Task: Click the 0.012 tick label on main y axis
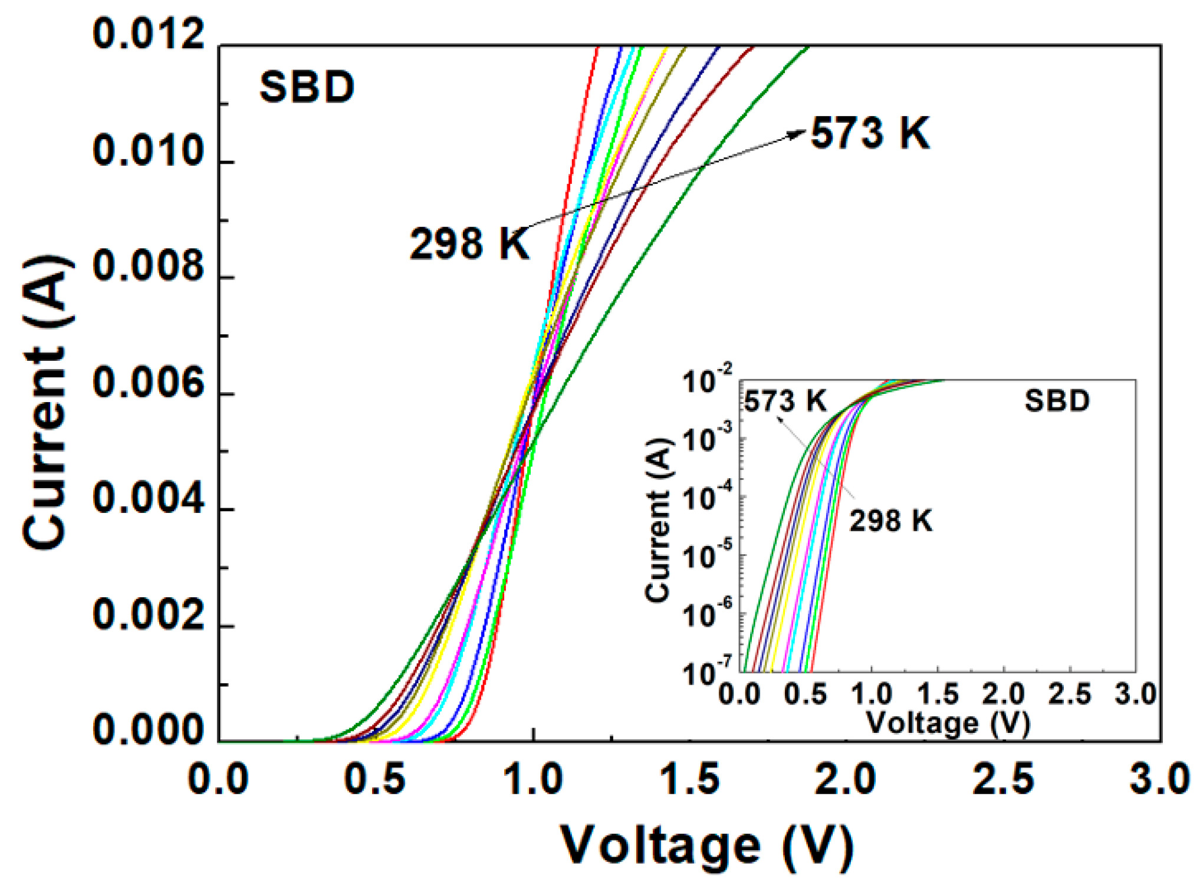149,34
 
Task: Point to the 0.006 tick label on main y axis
149,383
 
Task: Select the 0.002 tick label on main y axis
149,616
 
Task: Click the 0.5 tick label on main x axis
375,779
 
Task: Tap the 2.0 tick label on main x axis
845,779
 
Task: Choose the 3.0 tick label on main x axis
1159,779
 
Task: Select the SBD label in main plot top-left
307,88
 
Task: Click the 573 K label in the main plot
870,133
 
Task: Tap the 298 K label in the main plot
470,244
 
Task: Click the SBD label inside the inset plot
1057,401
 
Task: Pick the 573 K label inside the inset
785,402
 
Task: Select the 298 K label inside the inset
890,521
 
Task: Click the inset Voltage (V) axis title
948,723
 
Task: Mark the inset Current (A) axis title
659,520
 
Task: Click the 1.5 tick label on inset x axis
938,693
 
